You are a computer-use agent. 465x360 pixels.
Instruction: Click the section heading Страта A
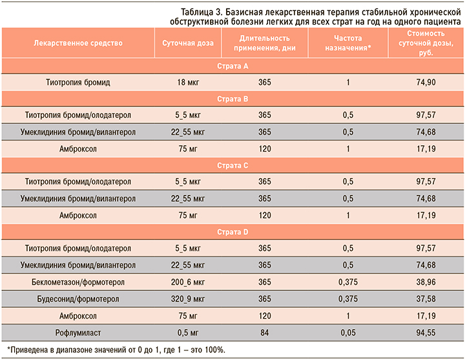tap(232, 66)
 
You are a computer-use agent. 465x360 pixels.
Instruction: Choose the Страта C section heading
tap(232, 165)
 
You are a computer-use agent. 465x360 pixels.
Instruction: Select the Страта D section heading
tap(232, 231)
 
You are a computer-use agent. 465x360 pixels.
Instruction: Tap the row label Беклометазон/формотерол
tap(79, 281)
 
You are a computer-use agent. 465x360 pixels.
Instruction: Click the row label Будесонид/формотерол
tap(79, 298)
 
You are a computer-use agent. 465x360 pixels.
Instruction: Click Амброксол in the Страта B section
tap(79, 148)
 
